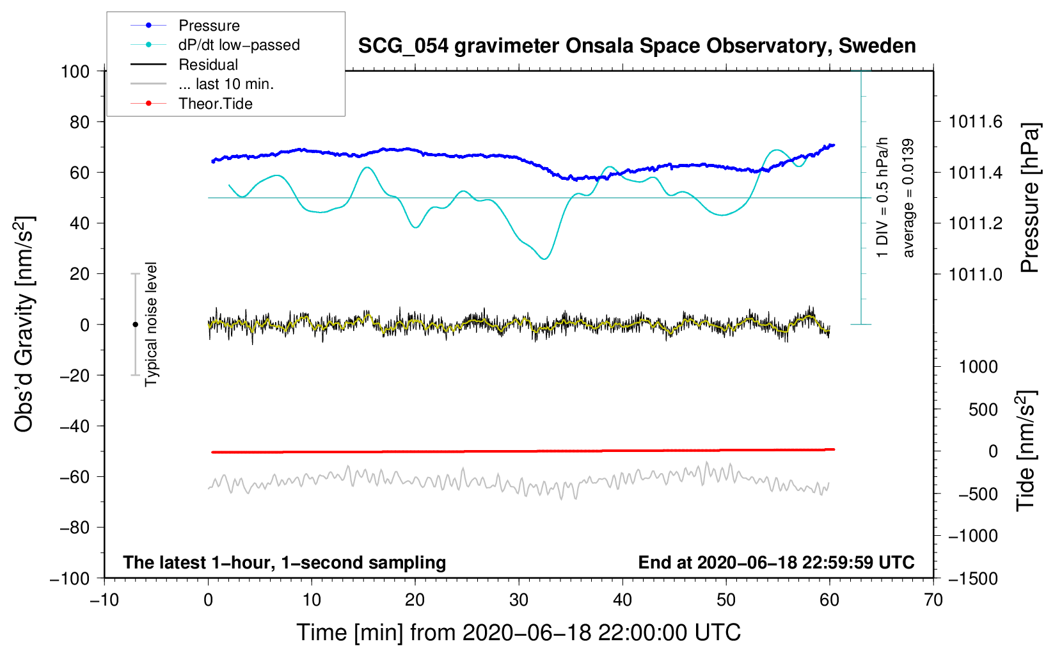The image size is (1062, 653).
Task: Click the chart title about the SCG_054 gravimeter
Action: point(637,46)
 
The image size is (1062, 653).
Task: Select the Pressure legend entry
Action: point(209,26)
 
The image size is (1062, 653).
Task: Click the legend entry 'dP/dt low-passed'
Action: point(239,45)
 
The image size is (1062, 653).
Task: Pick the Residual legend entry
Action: point(208,65)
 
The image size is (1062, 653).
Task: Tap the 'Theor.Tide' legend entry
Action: point(215,104)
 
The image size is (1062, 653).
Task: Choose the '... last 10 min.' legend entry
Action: point(226,84)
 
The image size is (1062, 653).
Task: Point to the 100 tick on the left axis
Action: point(75,71)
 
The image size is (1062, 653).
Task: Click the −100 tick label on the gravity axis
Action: point(70,578)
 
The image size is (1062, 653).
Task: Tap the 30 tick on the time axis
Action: point(519,600)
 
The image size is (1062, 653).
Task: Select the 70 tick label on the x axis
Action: point(933,600)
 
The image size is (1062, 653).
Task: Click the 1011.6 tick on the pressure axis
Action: point(976,122)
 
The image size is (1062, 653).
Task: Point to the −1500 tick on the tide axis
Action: point(972,578)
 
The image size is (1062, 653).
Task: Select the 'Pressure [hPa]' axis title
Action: point(1029,198)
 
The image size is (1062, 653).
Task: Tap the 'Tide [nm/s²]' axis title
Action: point(1026,451)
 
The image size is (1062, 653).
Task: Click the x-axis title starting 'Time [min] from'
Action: point(519,633)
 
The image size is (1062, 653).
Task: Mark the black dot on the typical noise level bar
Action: point(135,325)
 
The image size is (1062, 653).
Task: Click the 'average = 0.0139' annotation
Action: point(908,198)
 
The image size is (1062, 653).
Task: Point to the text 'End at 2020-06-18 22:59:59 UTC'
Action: point(776,563)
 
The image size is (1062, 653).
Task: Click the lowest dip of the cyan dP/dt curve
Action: point(544,259)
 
